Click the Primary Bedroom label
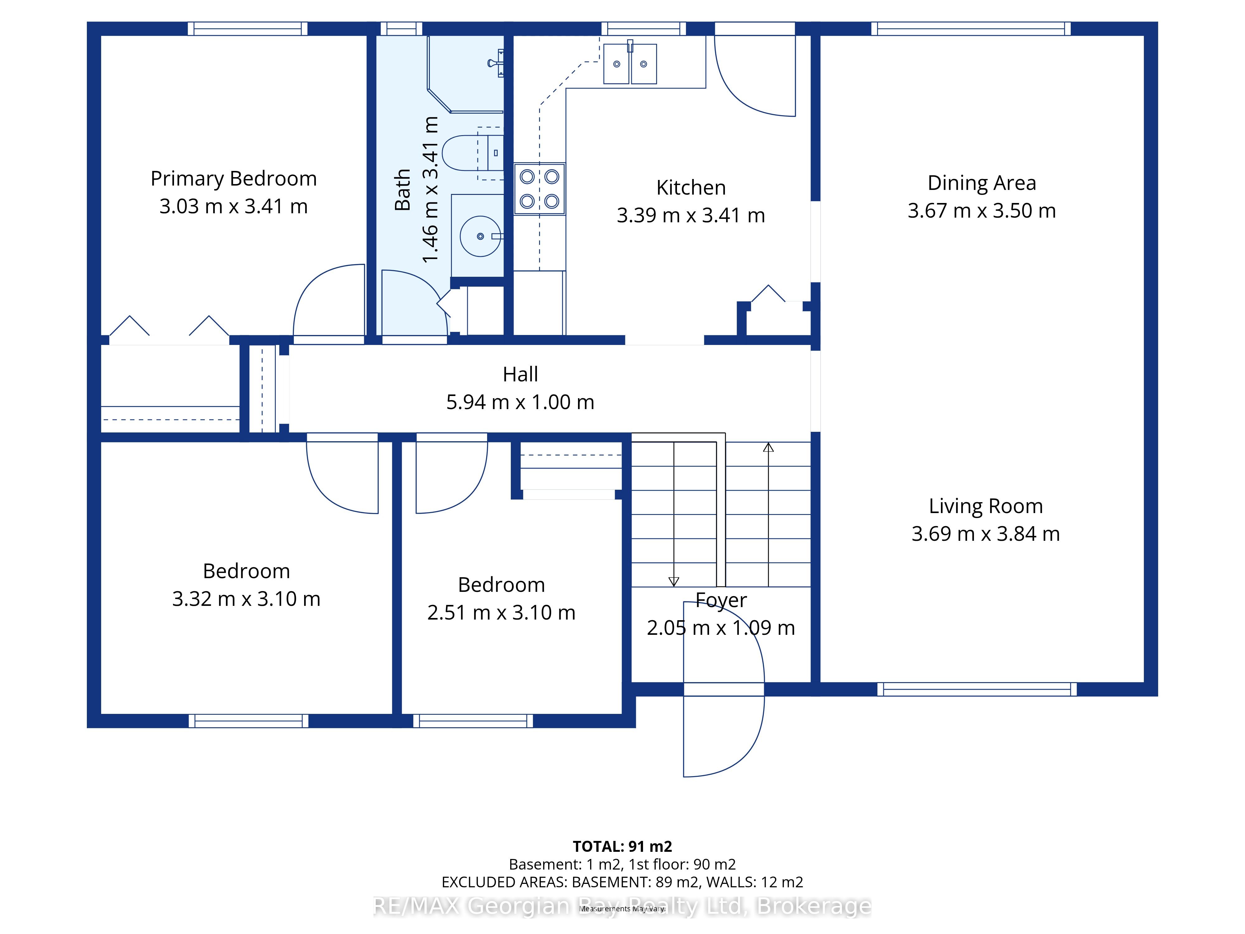pyautogui.click(x=233, y=179)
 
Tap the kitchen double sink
pyautogui.click(x=630, y=63)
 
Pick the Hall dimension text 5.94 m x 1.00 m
pyautogui.click(x=520, y=402)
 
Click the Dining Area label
pyautogui.click(x=982, y=183)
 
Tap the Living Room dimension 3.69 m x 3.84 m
pyautogui.click(x=985, y=534)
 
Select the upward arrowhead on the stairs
pyautogui.click(x=768, y=448)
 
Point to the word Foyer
pyautogui.click(x=721, y=601)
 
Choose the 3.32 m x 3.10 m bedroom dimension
pyautogui.click(x=246, y=598)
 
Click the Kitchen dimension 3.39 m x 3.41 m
pyautogui.click(x=691, y=215)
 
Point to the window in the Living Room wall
pyautogui.click(x=976, y=689)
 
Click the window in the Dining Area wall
pyautogui.click(x=971, y=29)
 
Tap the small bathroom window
pyautogui.click(x=401, y=29)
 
